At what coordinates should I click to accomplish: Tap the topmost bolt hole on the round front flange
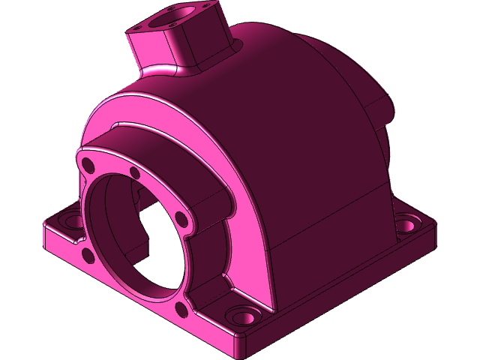pos(135,174)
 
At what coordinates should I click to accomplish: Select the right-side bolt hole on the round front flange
pos(181,218)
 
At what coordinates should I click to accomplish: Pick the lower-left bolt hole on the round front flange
pos(88,256)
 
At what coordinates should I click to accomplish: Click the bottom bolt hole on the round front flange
pos(179,309)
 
